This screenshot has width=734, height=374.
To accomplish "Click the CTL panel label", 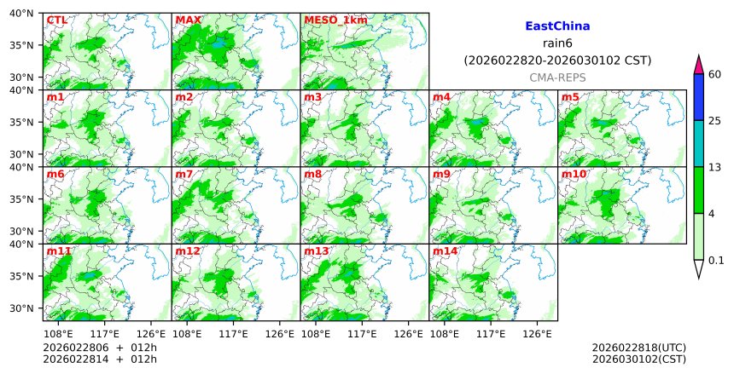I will click(56, 20).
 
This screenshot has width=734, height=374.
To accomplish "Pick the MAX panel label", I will click(188, 20).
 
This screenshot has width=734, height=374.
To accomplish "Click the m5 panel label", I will click(569, 97).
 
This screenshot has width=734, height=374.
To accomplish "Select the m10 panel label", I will click(573, 174).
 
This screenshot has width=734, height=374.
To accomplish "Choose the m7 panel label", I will click(184, 174).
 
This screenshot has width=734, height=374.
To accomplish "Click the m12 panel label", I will click(187, 251).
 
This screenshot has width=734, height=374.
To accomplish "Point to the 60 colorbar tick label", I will click(715, 74).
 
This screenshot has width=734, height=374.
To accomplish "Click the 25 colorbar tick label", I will click(715, 120).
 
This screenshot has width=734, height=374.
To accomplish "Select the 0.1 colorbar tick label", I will click(716, 261).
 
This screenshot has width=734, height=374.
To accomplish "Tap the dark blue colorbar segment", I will click(698, 96).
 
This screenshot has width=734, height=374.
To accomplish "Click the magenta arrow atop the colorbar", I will click(698, 64).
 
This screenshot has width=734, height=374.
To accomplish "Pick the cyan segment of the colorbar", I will click(698, 143).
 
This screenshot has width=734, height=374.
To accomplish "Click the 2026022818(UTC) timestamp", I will click(638, 348).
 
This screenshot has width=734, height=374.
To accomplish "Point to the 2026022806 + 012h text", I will click(94, 348).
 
